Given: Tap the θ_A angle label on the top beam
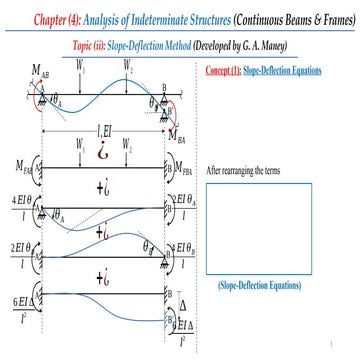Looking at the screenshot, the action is click(56, 100).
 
